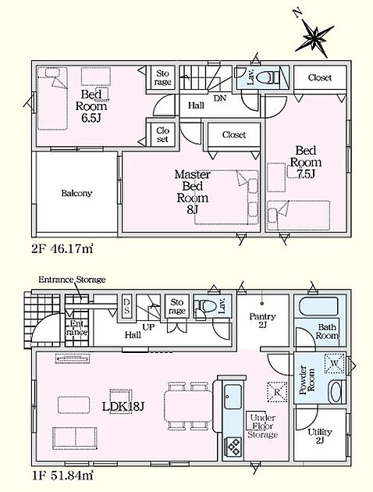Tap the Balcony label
pos(76,193)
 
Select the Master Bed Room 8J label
pos(193,191)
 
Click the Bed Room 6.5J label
pos(91,106)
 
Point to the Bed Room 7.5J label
pos(306,162)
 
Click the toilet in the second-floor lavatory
pos(269,77)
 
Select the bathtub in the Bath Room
pos(318,307)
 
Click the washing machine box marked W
pos(335,363)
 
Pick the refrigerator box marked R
pos(277,391)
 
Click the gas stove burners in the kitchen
pos(233,446)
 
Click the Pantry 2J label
pos(262,320)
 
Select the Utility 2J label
pos(319,436)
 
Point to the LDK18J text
pos(123,407)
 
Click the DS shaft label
pos(126,306)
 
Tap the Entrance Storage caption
pos(72,280)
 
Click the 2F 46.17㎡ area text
pos(62,249)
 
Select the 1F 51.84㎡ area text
pos(62,476)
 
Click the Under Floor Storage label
pos(263,426)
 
